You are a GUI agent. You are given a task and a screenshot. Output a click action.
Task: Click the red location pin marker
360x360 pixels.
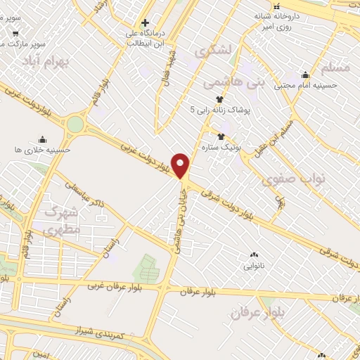[181, 165]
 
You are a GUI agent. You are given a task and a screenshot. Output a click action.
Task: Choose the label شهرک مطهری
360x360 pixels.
[63, 219]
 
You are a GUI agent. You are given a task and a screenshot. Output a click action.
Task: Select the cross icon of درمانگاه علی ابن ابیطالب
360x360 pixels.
[146, 22]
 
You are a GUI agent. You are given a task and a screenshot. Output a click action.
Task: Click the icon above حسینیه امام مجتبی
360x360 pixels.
[305, 75]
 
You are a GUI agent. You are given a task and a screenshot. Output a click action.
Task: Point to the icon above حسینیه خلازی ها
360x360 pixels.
[44, 139]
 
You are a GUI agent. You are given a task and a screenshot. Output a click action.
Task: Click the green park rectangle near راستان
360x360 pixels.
[147, 268]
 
